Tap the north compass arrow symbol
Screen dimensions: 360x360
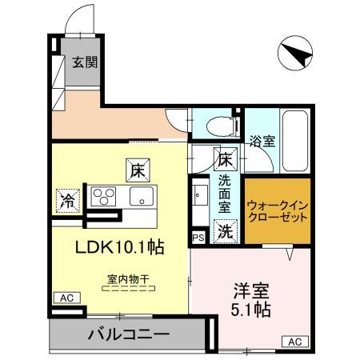294,54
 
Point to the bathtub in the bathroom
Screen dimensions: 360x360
302,140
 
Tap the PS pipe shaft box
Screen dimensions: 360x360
198,237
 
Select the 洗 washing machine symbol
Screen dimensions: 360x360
226,233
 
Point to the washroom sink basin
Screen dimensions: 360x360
199,195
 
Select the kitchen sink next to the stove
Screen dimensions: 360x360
142,197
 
